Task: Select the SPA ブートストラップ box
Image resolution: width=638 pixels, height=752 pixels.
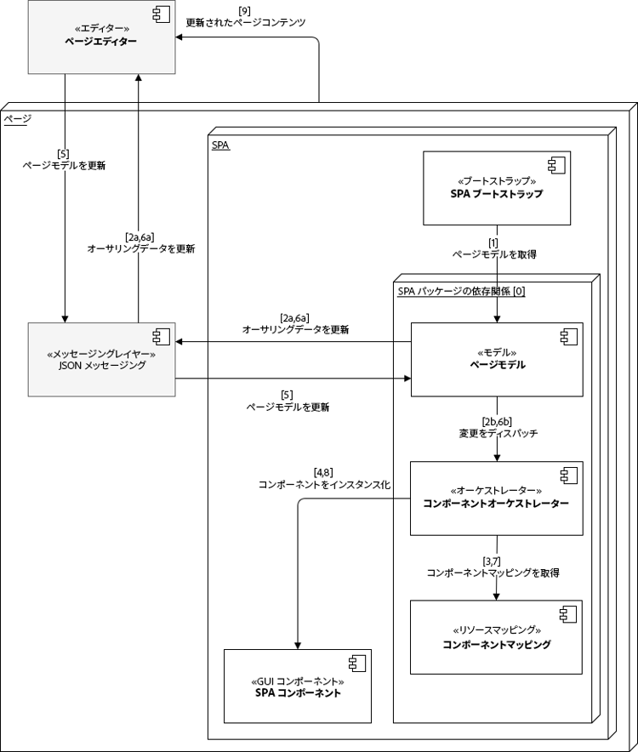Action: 497,188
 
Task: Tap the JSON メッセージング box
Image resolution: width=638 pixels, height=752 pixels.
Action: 101,359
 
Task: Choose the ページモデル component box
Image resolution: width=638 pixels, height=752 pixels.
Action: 497,359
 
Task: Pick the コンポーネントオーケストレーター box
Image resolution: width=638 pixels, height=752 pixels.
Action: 497,498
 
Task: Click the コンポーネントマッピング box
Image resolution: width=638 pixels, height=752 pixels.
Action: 497,637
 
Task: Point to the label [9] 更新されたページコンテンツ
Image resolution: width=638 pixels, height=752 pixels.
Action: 245,17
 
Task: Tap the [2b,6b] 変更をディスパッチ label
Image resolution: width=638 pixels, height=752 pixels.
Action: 498,427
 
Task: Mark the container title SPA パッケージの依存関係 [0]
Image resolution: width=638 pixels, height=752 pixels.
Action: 461,291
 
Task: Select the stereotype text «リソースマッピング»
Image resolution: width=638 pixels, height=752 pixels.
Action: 497,630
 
